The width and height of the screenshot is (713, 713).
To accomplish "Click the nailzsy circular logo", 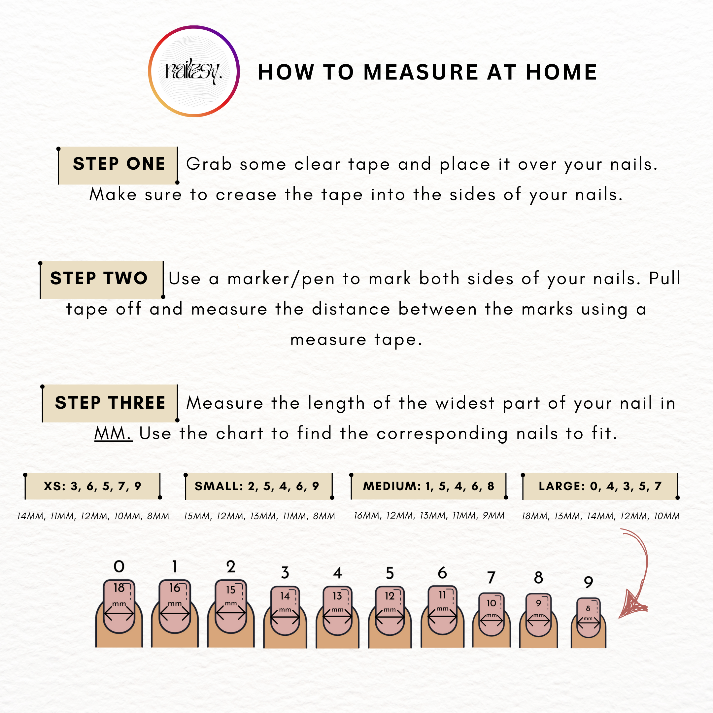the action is [194, 71].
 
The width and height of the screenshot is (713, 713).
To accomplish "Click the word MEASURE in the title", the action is [421, 72].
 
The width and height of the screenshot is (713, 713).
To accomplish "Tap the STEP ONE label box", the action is [119, 165].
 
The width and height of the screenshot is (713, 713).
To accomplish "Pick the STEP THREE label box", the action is [110, 403].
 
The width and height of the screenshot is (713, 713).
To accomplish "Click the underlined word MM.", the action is [113, 433].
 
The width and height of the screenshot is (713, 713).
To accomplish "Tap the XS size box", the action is [93, 486].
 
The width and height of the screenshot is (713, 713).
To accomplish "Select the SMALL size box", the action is [259, 486].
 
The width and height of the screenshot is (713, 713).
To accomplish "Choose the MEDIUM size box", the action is [428, 486].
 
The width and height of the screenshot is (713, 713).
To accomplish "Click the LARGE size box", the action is [600, 486].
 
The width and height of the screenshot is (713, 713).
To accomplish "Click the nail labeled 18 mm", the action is [119, 606].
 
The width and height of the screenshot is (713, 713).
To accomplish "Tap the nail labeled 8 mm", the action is [588, 617].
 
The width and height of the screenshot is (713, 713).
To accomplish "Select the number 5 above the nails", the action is [390, 573].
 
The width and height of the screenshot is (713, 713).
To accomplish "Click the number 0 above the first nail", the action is [119, 566].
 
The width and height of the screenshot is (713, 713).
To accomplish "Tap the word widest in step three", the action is [465, 403].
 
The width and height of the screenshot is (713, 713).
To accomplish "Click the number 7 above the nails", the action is [491, 578].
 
